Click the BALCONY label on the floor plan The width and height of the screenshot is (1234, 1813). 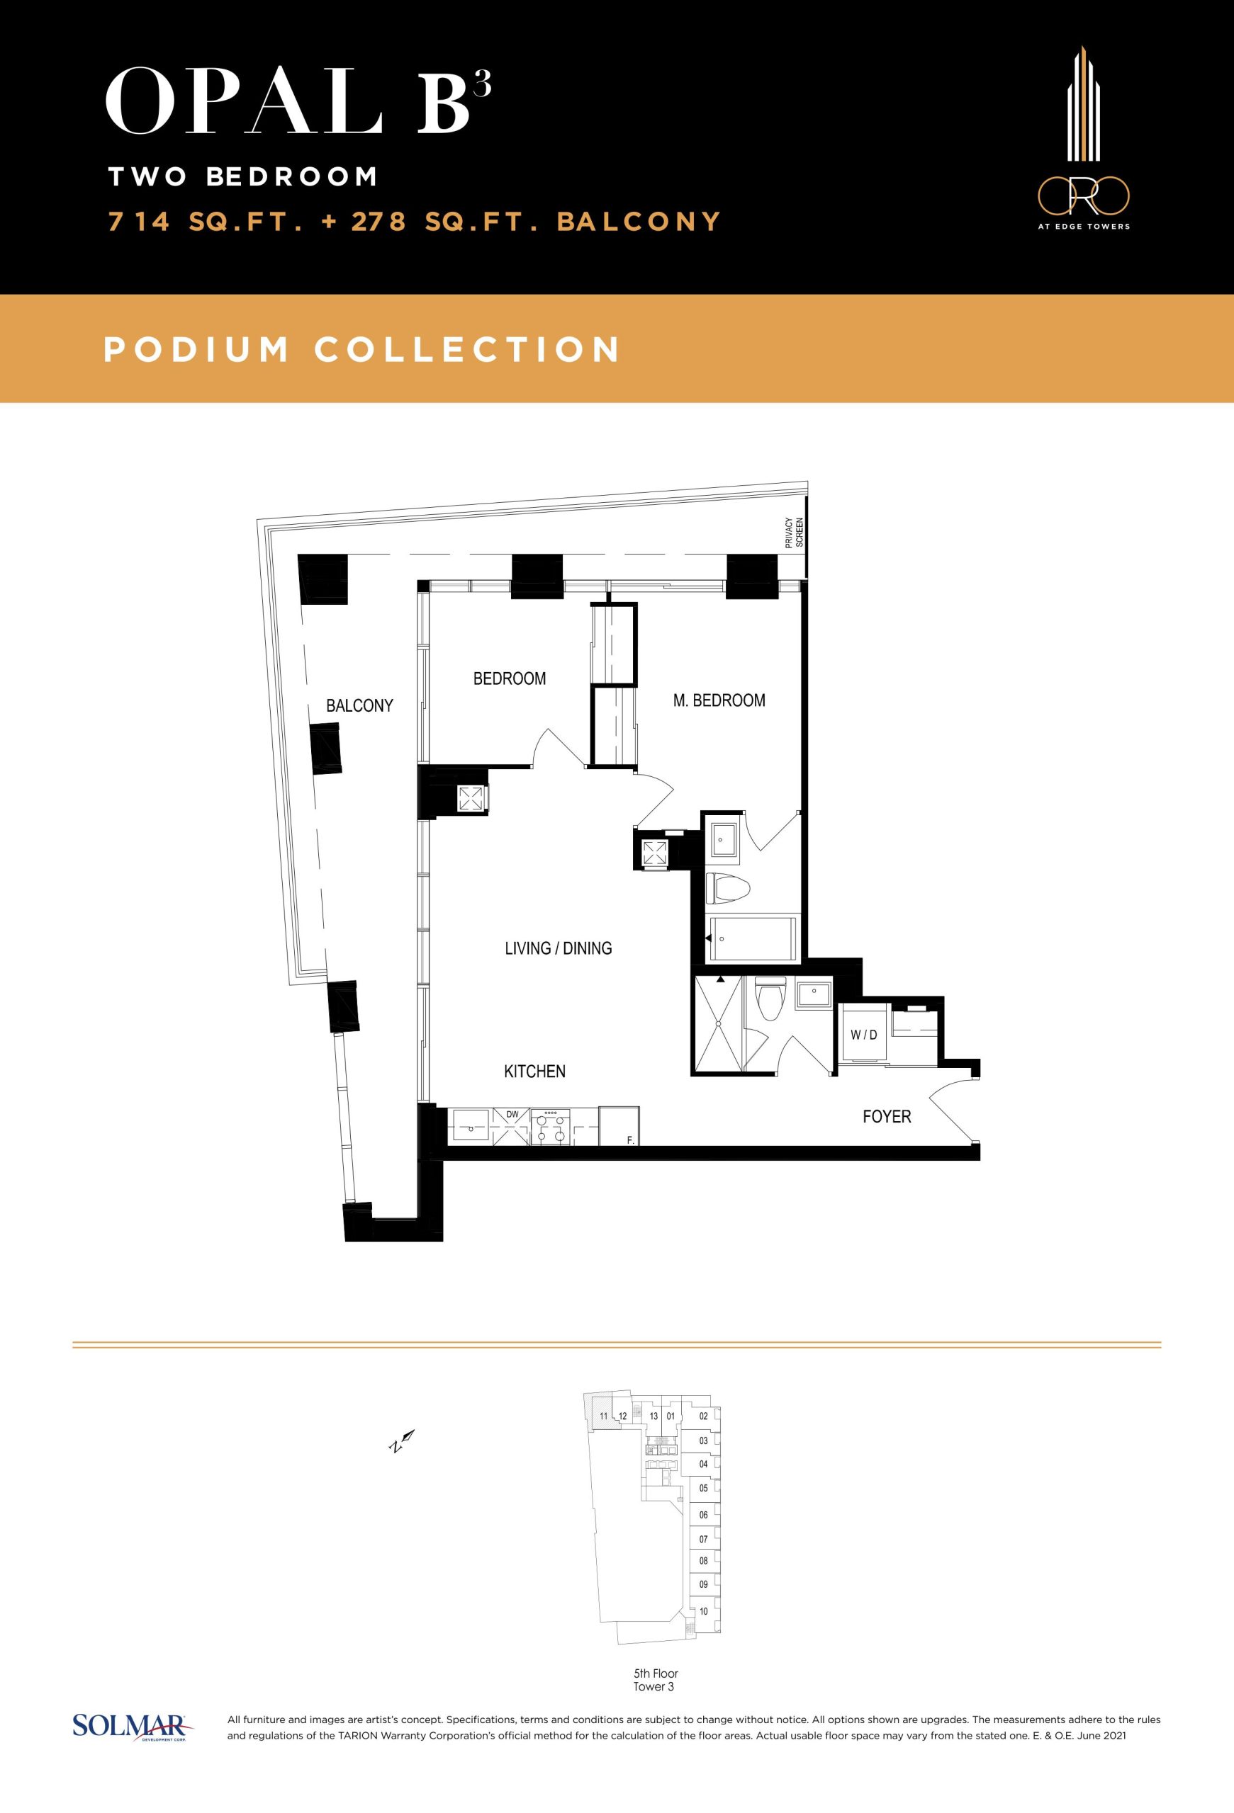click(359, 705)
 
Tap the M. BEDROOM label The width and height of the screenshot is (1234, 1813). click(719, 700)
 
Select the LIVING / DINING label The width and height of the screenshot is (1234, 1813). click(558, 948)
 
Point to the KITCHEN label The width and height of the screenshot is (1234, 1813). click(534, 1072)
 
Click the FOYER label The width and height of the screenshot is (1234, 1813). click(887, 1117)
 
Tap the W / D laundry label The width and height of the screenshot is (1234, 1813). click(864, 1035)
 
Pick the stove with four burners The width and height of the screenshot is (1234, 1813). click(550, 1127)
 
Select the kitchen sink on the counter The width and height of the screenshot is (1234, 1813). click(471, 1127)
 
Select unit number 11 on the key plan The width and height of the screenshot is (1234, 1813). click(603, 1416)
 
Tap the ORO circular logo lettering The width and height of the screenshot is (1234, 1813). click(1083, 195)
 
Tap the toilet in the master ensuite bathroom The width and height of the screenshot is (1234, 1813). click(727, 888)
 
